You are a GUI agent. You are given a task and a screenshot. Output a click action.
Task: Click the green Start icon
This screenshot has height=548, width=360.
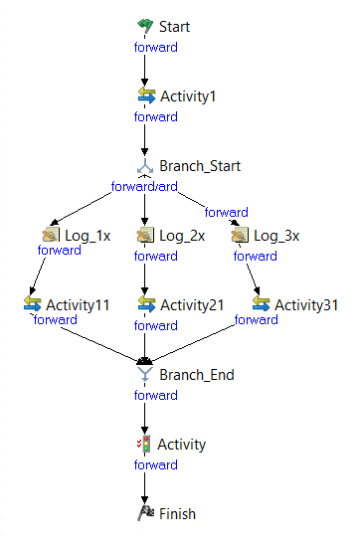(145, 26)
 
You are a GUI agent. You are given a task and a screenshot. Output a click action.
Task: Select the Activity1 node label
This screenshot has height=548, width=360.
(188, 96)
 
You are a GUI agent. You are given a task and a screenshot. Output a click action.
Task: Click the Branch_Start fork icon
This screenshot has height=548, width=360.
(145, 166)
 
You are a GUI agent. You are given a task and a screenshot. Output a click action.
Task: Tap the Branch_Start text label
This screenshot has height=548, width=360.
(200, 166)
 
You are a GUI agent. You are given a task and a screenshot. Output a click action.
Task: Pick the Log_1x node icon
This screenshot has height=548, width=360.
(51, 236)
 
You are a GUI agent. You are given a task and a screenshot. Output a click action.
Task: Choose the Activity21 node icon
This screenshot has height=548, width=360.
(145, 304)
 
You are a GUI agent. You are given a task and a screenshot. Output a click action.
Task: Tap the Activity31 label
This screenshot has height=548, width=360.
(306, 304)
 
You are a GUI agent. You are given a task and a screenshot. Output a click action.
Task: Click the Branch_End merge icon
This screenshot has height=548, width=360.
(145, 374)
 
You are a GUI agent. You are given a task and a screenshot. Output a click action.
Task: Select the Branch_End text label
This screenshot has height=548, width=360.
(197, 375)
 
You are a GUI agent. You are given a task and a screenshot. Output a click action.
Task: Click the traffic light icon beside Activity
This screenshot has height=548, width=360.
(145, 445)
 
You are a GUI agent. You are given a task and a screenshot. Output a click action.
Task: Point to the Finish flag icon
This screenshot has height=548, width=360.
(145, 514)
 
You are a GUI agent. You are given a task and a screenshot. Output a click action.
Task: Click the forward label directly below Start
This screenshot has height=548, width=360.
(156, 46)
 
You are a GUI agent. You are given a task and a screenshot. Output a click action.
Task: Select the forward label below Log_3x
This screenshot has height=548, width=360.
(256, 256)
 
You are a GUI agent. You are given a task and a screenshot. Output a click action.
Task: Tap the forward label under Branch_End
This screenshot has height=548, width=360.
(156, 394)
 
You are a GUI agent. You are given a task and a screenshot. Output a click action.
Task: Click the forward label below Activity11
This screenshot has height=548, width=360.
(55, 320)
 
